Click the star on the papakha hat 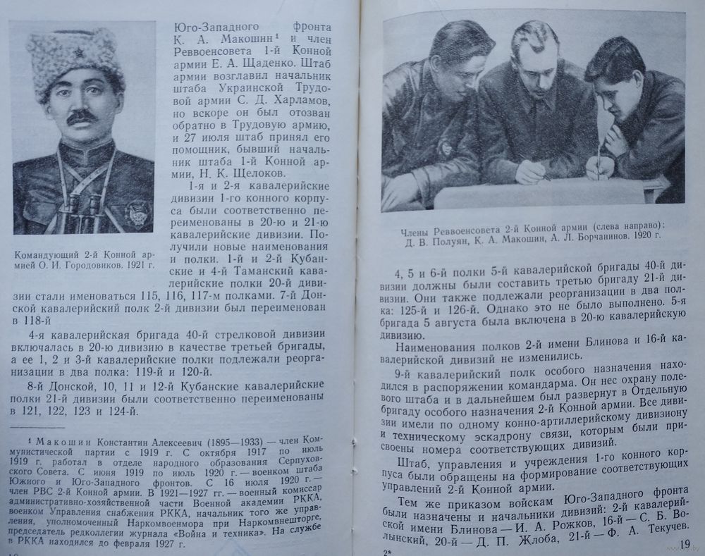75,56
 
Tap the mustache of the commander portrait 81,116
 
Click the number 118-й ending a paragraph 30,320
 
